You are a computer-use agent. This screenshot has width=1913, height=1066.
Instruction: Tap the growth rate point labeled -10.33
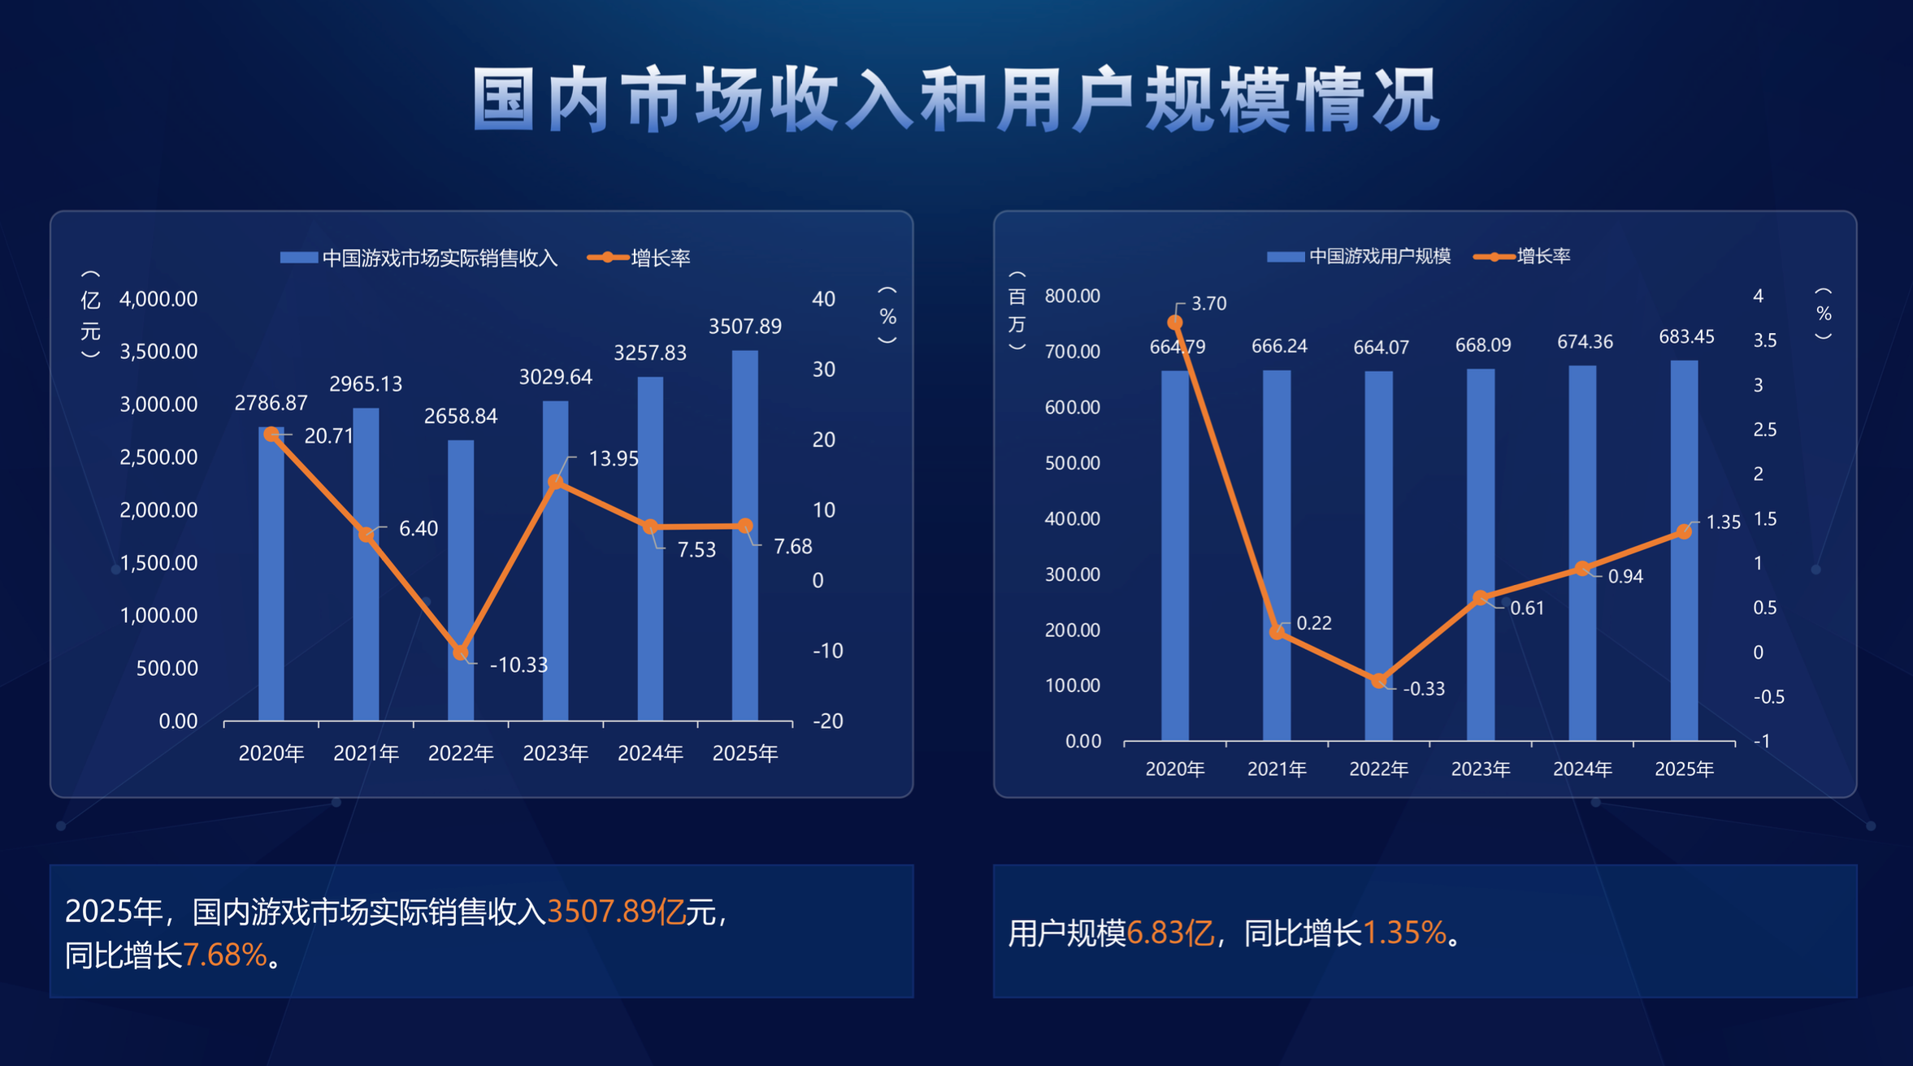[461, 652]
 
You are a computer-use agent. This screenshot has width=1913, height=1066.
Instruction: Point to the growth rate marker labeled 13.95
[556, 482]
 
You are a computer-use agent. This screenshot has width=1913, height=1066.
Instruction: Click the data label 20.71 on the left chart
[328, 436]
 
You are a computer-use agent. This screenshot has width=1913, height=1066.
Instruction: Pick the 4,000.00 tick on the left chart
[158, 299]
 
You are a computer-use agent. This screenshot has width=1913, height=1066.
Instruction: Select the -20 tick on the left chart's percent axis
[827, 721]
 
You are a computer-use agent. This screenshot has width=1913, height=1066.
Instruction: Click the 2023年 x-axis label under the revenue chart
[556, 753]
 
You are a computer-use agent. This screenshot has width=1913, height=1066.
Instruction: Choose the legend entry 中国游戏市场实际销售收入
[439, 258]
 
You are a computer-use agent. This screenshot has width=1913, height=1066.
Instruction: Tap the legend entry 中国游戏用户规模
[1379, 257]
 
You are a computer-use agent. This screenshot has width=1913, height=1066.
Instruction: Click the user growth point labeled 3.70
[1175, 323]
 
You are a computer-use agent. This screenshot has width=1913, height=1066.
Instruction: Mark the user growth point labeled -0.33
[1379, 681]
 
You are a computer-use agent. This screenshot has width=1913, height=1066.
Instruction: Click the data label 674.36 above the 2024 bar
[1585, 342]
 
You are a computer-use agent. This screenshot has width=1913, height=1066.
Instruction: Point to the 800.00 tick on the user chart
[1072, 296]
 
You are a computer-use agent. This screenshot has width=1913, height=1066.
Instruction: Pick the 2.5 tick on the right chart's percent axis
[1764, 429]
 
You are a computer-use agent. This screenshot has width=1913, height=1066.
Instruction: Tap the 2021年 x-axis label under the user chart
[1277, 769]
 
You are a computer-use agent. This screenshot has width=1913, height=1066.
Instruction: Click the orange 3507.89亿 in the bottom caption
[617, 912]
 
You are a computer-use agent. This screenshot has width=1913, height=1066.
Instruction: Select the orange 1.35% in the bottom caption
[1404, 934]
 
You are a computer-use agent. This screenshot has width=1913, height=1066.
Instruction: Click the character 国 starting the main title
[504, 101]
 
